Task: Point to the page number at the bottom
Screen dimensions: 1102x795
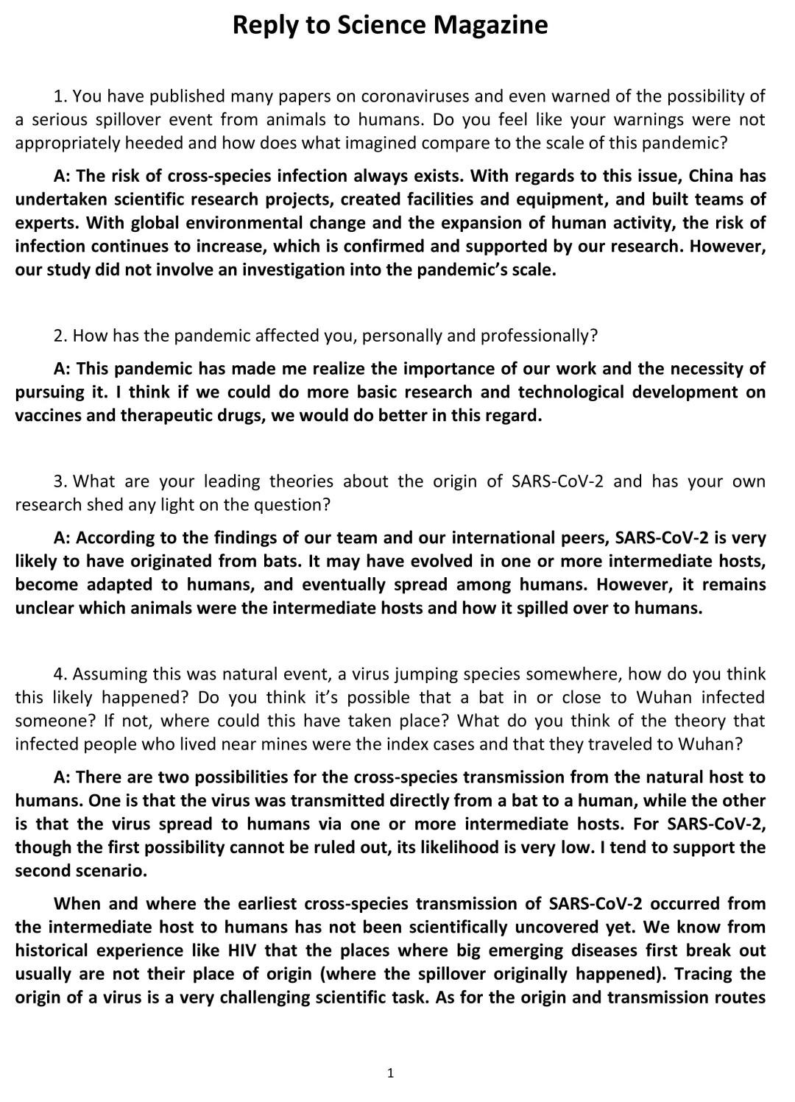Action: click(x=390, y=1073)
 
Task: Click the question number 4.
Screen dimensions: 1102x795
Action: click(x=60, y=674)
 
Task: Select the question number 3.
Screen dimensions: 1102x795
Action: click(x=60, y=481)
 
